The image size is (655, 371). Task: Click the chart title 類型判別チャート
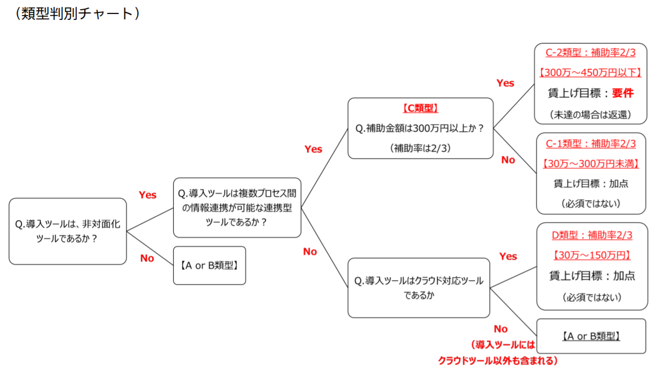click(x=78, y=14)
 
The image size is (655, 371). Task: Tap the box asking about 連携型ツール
click(x=237, y=207)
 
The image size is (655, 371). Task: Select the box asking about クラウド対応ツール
click(x=419, y=288)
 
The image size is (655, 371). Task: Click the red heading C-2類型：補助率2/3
click(x=591, y=53)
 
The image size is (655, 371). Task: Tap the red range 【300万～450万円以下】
click(x=591, y=72)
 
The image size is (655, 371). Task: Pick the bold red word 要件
click(x=623, y=93)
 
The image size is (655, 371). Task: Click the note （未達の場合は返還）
click(x=591, y=114)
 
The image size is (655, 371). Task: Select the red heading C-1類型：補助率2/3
click(x=591, y=143)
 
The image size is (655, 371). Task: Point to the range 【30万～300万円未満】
click(x=591, y=163)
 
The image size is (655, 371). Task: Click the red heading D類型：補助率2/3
click(x=592, y=235)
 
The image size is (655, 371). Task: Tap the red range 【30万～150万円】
click(x=592, y=255)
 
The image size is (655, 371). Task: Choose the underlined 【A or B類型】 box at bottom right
click(x=591, y=337)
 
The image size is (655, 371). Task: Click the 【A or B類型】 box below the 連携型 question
click(x=209, y=265)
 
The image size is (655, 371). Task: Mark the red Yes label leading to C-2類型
click(x=505, y=83)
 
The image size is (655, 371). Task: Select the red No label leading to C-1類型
click(x=508, y=160)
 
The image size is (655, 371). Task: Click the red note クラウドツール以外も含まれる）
click(x=498, y=360)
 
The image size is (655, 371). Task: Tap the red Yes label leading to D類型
click(x=508, y=257)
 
